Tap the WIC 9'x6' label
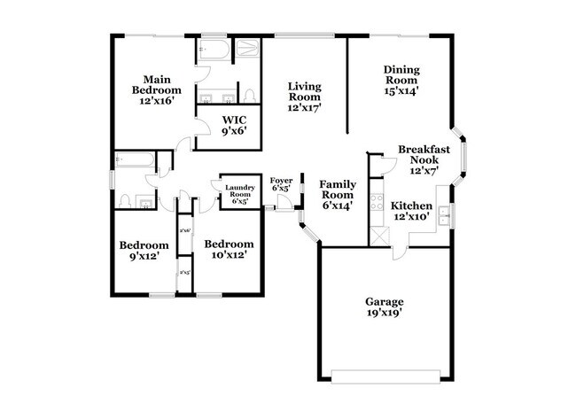click(234, 124)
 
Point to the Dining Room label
click(401, 79)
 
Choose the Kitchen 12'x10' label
click(410, 211)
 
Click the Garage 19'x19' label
click(383, 306)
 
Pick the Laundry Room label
click(240, 192)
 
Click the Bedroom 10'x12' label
click(228, 249)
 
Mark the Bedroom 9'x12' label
click(144, 251)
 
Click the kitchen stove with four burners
click(375, 203)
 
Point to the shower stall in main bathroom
click(245, 50)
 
